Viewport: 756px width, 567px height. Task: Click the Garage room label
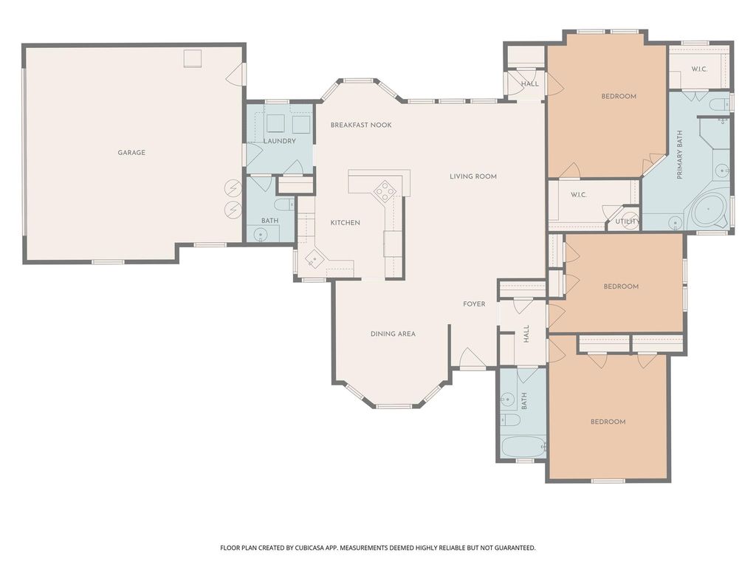(x=131, y=152)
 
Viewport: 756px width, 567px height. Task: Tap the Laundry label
(x=280, y=141)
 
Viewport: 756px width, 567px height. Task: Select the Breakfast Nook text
(x=361, y=125)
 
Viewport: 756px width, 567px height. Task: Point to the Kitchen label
(x=346, y=223)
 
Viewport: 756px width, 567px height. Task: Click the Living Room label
(x=473, y=176)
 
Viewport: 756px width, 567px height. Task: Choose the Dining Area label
(x=393, y=334)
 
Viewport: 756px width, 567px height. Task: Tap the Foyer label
(x=474, y=303)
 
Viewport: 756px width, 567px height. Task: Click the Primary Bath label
(x=680, y=155)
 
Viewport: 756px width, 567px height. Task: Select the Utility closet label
(x=628, y=221)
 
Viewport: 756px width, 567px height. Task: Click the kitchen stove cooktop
(x=385, y=190)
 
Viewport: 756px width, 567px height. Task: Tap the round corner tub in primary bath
(x=708, y=210)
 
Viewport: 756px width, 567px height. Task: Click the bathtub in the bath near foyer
(x=523, y=447)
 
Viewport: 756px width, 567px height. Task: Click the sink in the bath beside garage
(x=261, y=235)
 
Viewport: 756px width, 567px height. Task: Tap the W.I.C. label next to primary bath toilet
(x=699, y=69)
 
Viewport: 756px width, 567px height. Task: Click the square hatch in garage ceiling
(x=193, y=58)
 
